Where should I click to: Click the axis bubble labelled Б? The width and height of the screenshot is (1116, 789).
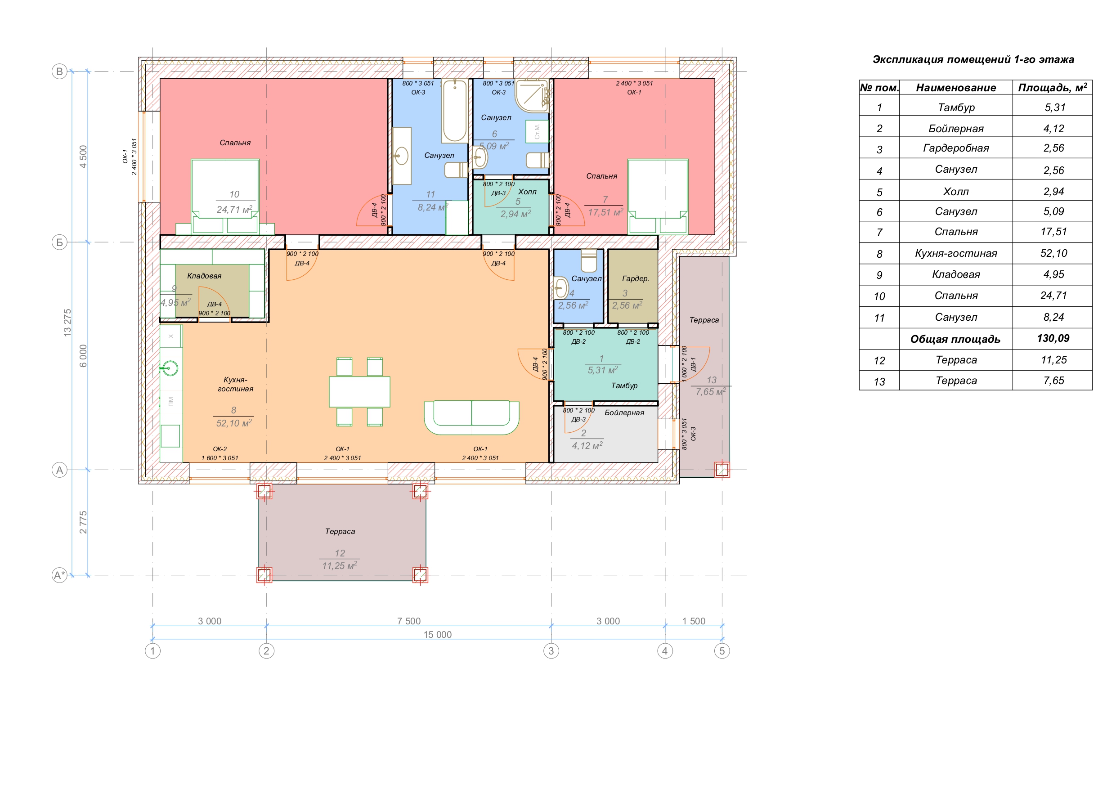59,242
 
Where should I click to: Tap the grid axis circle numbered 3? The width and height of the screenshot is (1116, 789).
551,651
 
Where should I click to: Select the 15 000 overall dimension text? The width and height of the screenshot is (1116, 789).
438,634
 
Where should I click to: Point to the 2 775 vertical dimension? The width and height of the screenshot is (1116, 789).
83,522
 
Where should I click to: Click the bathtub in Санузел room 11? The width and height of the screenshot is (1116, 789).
455,111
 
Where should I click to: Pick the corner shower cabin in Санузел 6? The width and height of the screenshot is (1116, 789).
532,95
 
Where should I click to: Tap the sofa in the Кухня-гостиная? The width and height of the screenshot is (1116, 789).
471,417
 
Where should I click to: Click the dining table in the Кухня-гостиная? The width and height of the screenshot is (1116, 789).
359,392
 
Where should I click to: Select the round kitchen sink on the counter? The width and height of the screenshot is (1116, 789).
170,368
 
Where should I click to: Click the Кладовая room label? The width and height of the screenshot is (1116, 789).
204,276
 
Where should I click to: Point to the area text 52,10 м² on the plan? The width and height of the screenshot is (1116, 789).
234,423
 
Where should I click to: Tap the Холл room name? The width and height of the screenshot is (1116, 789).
527,192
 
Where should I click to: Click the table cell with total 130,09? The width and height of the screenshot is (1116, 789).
1053,338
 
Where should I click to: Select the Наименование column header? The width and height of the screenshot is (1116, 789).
956,88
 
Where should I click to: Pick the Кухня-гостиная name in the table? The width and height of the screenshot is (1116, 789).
956,253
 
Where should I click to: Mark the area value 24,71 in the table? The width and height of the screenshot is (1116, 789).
1053,296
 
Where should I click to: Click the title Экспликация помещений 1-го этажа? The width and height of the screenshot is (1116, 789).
973,59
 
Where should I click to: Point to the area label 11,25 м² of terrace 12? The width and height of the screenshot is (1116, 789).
340,566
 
